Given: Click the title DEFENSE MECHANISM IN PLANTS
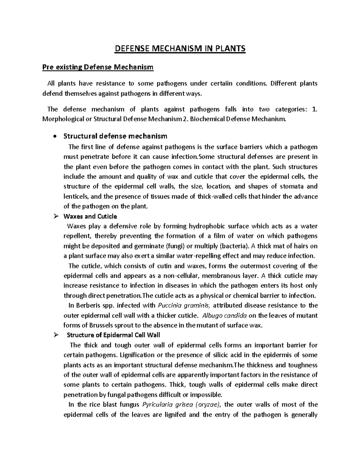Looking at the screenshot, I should [180, 48].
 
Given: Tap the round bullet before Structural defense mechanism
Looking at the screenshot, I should [54, 137].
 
